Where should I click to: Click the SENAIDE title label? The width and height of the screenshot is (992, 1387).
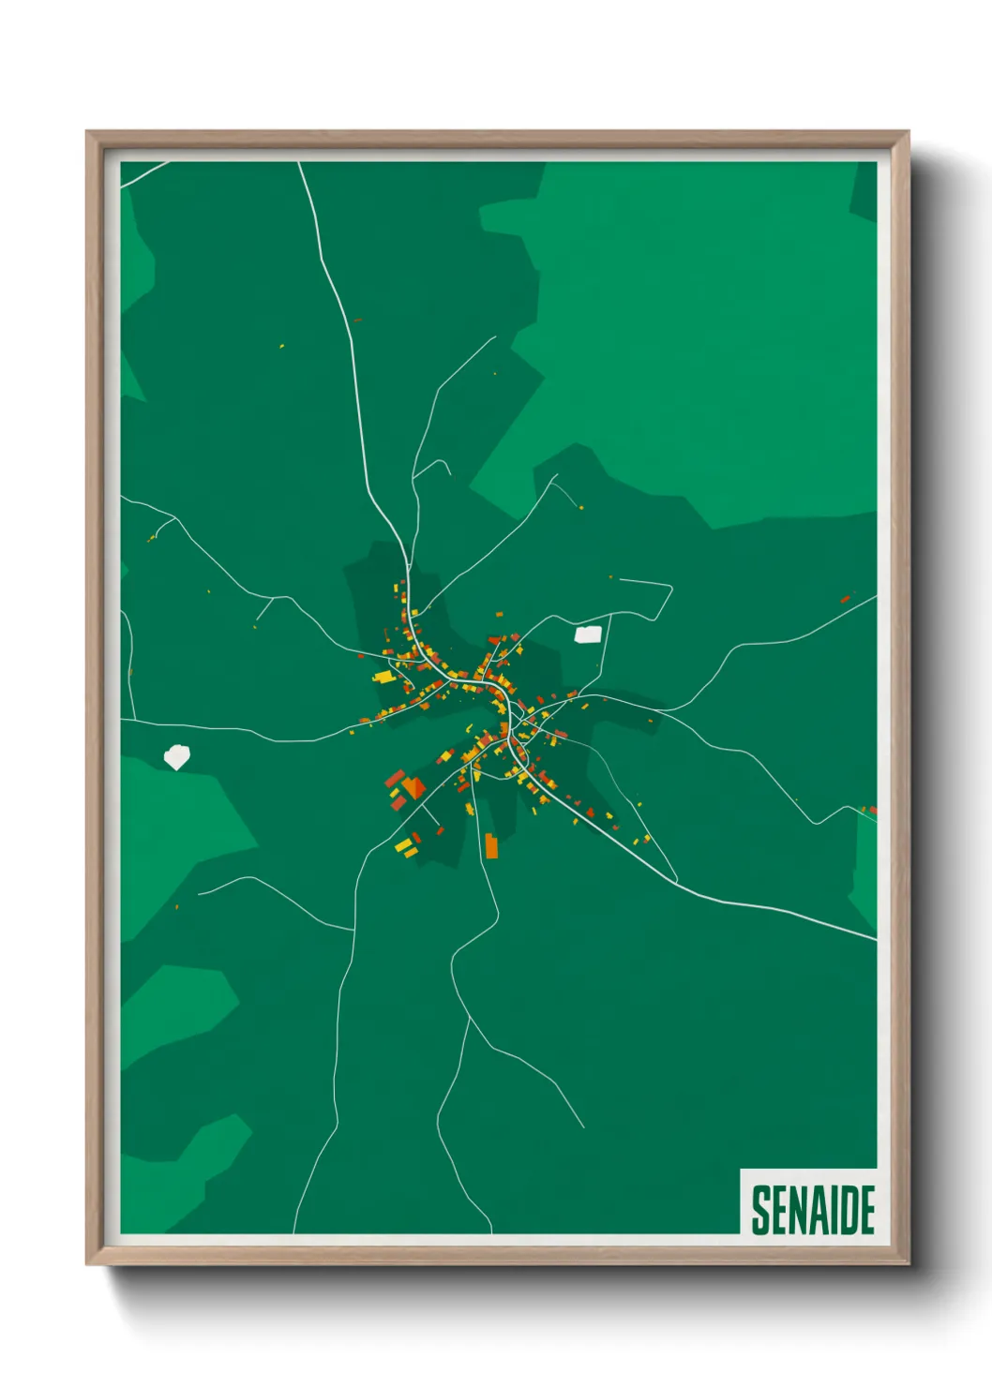click(812, 1210)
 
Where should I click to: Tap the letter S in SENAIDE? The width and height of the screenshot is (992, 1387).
click(760, 1210)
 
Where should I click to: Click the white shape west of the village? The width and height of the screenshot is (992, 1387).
click(176, 756)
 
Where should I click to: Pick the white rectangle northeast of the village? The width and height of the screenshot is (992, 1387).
click(588, 634)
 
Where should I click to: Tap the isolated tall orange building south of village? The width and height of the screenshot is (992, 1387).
click(491, 845)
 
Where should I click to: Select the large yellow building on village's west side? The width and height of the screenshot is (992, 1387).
click(383, 676)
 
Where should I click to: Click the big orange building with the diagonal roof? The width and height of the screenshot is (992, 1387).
click(413, 787)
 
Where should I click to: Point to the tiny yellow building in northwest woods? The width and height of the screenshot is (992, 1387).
click(281, 346)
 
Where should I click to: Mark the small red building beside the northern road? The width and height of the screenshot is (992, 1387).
click(356, 321)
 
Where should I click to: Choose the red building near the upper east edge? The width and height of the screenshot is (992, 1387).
click(845, 598)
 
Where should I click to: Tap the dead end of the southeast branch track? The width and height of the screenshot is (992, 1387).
click(583, 1127)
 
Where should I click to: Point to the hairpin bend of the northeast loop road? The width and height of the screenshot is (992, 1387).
click(670, 589)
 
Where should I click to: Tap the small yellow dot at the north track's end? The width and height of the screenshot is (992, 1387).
click(581, 507)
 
